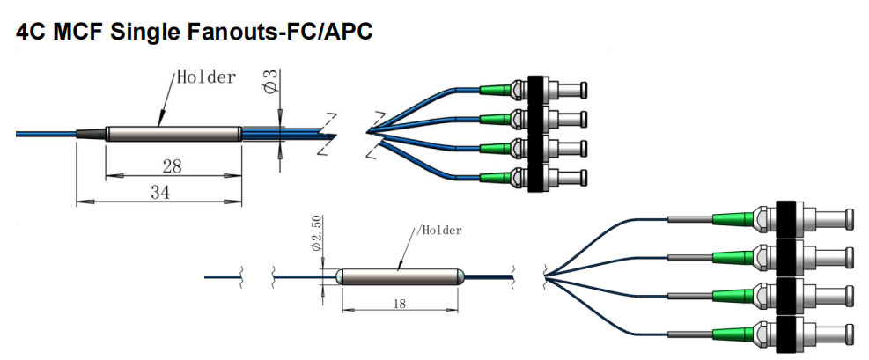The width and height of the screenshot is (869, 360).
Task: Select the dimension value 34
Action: click(x=159, y=192)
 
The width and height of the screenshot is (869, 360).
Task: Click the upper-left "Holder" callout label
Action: click(x=206, y=77)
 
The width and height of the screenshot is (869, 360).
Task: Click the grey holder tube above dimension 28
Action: click(x=173, y=135)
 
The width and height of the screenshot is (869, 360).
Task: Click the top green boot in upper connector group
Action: click(x=494, y=88)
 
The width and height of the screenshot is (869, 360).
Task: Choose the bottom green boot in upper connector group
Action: click(x=494, y=174)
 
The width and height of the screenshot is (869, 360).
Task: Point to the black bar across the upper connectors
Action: click(x=535, y=131)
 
